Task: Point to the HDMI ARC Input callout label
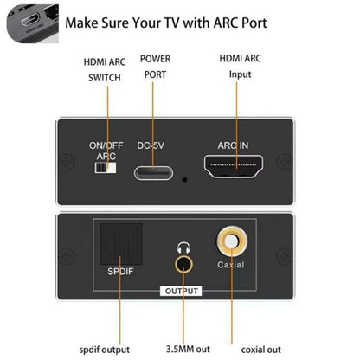point(240,67)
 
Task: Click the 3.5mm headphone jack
point(184,264)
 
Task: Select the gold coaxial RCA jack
point(231,240)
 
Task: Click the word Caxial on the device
point(231,264)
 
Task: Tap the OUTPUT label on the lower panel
point(183,291)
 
